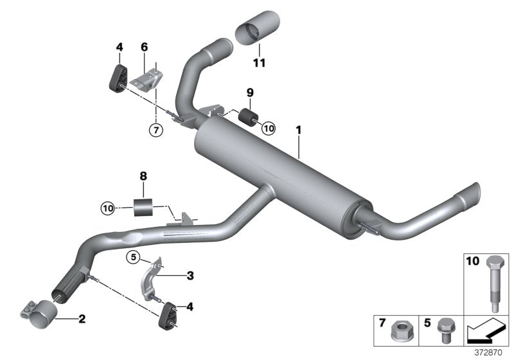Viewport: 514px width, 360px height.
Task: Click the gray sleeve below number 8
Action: tap(145, 209)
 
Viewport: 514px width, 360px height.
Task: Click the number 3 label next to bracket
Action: tap(190, 276)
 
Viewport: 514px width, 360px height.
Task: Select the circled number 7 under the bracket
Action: tap(155, 129)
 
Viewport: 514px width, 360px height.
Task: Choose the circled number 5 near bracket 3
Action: tap(133, 257)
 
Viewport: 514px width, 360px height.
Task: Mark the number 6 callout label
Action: tap(145, 47)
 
